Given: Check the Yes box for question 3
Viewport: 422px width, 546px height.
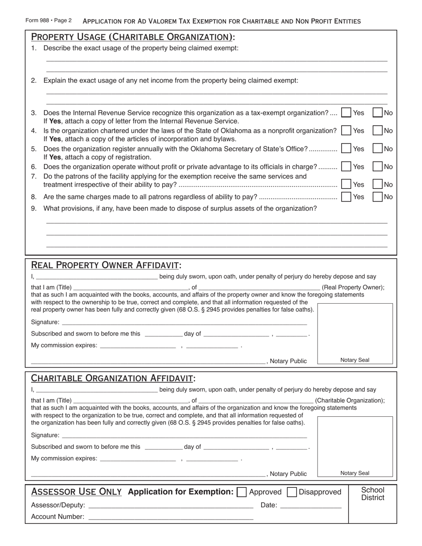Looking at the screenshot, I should [346, 113].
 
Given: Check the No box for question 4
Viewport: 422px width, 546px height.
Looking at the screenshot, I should [377, 131].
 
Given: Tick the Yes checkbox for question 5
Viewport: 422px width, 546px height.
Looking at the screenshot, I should [346, 149].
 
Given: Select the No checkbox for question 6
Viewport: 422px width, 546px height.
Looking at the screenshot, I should [377, 166].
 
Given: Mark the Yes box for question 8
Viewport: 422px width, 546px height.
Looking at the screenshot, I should [346, 197].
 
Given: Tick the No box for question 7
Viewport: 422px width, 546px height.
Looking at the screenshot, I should [377, 184].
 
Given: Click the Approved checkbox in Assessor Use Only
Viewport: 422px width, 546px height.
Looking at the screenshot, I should [242, 492].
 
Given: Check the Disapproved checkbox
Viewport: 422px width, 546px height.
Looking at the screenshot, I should [292, 492].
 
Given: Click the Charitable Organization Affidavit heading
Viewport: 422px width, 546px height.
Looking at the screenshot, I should [113, 379].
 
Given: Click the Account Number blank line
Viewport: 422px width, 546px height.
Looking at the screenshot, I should [171, 517].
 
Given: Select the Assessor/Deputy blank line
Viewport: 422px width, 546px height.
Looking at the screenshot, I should [171, 505].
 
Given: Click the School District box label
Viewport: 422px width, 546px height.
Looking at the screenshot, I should [372, 494].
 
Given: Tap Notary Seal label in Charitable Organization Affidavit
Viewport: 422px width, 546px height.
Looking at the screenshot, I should [354, 473].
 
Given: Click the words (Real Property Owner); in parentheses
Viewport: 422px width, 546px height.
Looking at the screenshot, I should [353, 288].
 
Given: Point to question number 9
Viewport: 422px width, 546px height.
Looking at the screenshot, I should [34, 209].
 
